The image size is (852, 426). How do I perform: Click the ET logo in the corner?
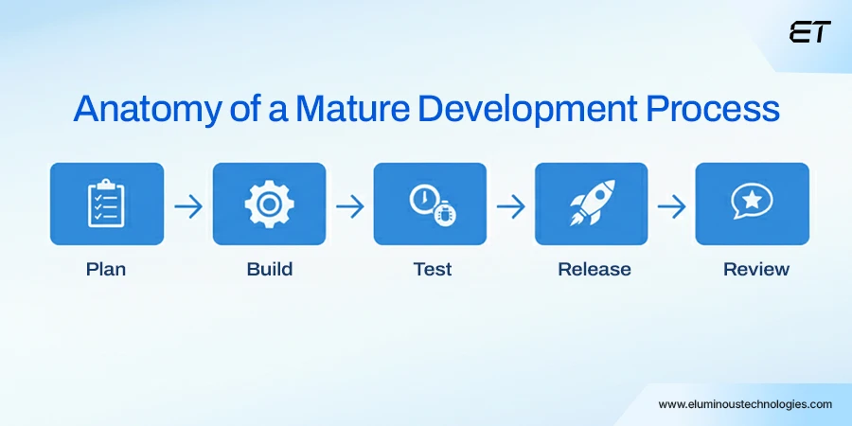(809, 32)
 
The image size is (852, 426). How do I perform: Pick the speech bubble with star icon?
(753, 203)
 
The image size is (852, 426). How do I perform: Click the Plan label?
(106, 269)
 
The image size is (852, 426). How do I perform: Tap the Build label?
(270, 269)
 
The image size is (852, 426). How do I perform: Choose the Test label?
(433, 269)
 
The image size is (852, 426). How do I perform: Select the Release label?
(595, 269)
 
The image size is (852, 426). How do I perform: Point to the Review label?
(756, 269)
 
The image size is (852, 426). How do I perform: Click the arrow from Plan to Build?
(188, 205)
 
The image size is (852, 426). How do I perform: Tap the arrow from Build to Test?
(349, 205)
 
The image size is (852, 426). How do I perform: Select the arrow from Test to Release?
(511, 205)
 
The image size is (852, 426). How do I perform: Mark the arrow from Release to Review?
(672, 205)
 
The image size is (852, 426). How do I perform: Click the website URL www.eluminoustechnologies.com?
(745, 404)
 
